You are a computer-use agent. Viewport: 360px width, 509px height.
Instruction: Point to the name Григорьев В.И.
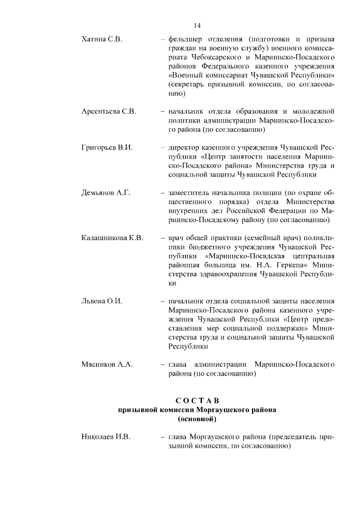107,148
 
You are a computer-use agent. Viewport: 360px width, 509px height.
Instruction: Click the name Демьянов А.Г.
106,193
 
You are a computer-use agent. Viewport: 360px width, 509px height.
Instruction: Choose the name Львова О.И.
102,301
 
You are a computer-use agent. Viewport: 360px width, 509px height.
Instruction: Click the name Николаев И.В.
106,436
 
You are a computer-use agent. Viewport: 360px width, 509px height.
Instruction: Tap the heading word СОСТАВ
196,400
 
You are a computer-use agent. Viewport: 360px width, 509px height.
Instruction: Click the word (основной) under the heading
197,419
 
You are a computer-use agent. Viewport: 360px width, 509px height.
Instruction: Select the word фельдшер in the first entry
185,39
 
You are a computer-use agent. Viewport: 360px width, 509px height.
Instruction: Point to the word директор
184,148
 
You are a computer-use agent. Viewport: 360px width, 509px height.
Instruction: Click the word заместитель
191,193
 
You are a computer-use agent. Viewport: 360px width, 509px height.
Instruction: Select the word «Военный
187,75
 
